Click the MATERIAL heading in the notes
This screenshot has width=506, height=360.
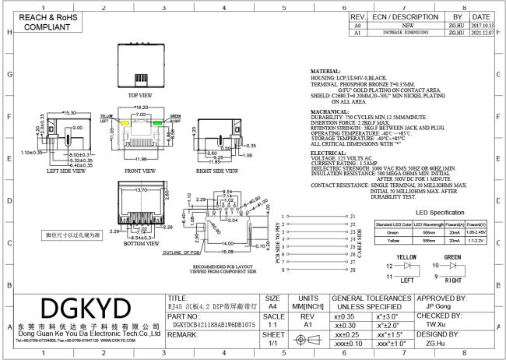point(326,71)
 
